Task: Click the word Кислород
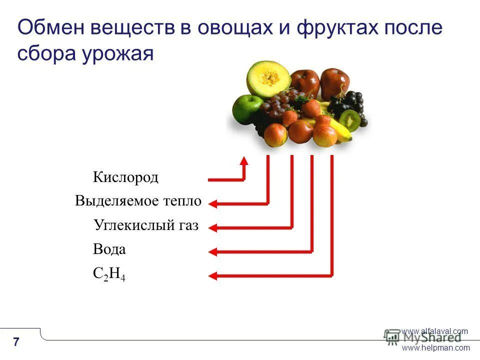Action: coord(125,177)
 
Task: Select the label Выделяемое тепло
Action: coord(138,201)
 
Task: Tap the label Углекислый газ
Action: coord(146,226)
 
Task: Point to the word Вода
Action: coord(109,249)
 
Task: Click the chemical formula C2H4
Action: coord(109,274)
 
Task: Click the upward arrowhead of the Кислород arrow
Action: coord(244,161)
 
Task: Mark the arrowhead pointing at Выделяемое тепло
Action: coord(212,203)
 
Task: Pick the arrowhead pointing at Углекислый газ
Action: coord(212,228)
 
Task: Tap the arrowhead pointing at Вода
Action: coord(212,251)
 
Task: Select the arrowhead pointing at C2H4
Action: coord(212,275)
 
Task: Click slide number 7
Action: coord(16,342)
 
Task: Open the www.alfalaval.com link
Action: coord(434,331)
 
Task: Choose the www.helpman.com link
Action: coord(435,348)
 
